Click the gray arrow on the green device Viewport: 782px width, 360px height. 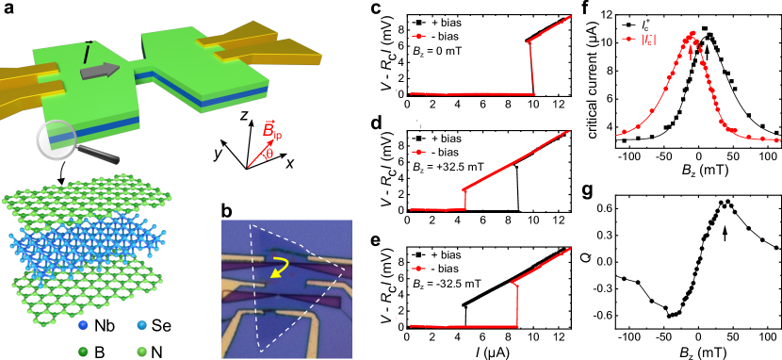coord(100,71)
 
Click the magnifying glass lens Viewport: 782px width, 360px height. coord(56,139)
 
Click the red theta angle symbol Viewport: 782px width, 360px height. coord(269,153)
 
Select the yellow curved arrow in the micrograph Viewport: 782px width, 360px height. coord(279,267)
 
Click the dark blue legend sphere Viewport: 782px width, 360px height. coord(83,325)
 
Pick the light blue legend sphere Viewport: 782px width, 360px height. coord(141,325)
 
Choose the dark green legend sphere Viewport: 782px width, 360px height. coord(83,352)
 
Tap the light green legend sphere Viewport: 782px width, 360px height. coord(141,352)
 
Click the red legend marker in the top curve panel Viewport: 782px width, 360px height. coord(418,37)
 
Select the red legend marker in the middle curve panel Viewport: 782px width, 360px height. coord(418,152)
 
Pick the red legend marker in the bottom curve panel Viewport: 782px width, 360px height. coord(418,269)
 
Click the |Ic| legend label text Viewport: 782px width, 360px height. coord(648,39)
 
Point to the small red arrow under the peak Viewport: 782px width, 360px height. coord(691,53)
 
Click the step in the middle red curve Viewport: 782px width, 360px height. coord(465,199)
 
